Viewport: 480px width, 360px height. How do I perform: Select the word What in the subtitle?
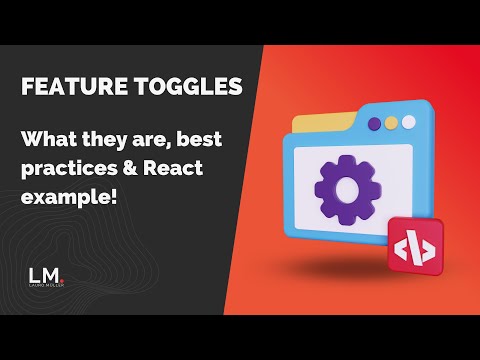pyautogui.click(x=49, y=140)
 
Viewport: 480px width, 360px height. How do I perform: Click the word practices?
pyautogui.click(x=66, y=167)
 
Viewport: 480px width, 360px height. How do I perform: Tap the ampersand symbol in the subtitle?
pyautogui.click(x=127, y=167)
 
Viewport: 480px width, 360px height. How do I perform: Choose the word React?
pyautogui.click(x=172, y=167)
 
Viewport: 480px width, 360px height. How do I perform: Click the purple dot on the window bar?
pyautogui.click(x=373, y=124)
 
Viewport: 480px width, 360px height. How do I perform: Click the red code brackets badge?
pyautogui.click(x=414, y=246)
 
